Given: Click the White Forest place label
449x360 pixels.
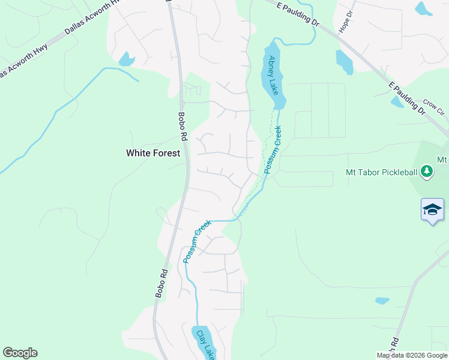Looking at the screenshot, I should [152, 153].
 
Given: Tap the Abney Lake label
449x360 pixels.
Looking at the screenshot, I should [273, 75].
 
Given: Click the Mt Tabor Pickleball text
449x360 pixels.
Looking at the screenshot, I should [381, 172].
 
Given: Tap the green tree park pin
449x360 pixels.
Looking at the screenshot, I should [427, 172].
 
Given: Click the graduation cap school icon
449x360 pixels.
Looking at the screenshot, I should [432, 210].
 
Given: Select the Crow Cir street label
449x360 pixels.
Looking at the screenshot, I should [432, 107].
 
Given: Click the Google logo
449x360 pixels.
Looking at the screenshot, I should [20, 353].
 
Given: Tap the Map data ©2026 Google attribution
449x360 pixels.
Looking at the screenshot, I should [412, 355].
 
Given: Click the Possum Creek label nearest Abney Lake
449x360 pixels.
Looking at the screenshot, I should [273, 150].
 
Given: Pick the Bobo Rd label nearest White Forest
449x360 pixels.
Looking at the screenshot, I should [182, 127].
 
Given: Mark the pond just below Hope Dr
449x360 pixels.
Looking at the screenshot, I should [345, 62].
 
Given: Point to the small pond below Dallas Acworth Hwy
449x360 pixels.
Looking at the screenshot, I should [127, 59].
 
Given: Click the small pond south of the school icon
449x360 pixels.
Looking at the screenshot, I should [382, 301].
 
